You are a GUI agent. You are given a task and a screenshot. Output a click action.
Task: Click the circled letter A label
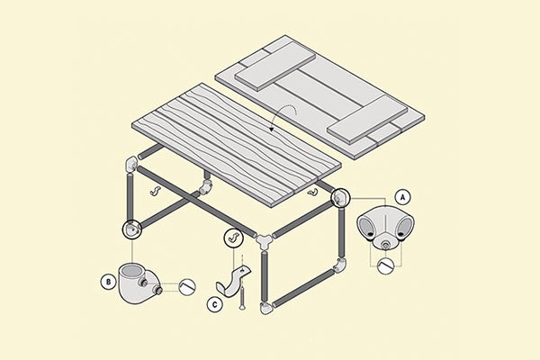(403, 195)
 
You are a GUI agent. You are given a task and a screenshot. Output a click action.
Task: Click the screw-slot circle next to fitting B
(188, 287)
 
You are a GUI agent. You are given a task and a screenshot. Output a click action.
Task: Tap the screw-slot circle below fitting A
(388, 265)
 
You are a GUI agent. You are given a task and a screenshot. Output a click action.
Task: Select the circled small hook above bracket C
(232, 238)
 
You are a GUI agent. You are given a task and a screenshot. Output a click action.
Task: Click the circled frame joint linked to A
(342, 196)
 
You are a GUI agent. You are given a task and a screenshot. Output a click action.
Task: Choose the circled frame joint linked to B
(132, 229)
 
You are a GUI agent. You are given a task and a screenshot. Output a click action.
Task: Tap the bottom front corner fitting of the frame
(265, 310)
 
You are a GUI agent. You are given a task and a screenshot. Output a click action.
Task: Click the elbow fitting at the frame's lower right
(340, 266)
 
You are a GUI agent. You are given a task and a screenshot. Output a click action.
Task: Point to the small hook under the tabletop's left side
(154, 192)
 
